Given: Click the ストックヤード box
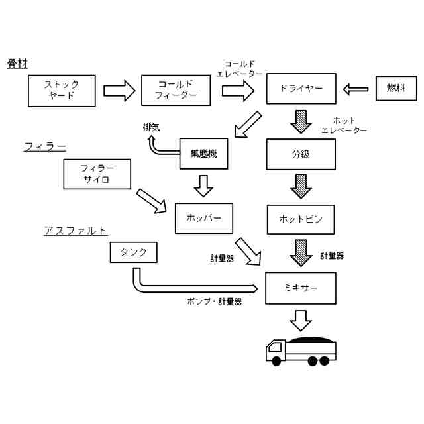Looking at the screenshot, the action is pos(62,91).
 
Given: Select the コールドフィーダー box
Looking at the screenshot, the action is pos(176,90).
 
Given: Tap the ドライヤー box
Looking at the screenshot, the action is pos(301,88).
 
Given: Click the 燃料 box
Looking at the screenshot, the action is pos(396,88).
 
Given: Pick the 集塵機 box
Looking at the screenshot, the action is pos(203,154).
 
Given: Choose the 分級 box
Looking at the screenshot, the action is pos(301,154).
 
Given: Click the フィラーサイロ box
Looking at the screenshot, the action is pos(97,174).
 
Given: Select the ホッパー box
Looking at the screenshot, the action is pos(204,218).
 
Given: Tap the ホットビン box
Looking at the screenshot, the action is pos(301,219).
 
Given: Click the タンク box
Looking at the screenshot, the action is pos(134,252).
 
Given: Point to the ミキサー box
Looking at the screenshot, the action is pos(301,288).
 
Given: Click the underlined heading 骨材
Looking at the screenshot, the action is pos(17,64).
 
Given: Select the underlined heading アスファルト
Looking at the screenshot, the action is pos(76,231).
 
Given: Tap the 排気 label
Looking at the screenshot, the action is pos(152,127).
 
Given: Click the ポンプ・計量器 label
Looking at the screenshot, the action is pos(215,302).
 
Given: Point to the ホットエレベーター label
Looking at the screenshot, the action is pos(344,125).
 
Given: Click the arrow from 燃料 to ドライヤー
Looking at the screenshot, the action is pos(356,89).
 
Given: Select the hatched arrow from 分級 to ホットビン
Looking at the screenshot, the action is pos(301,186).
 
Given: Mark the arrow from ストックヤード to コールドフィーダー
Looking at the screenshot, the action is pos(119,91).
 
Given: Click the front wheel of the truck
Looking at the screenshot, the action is pos(276,361).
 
